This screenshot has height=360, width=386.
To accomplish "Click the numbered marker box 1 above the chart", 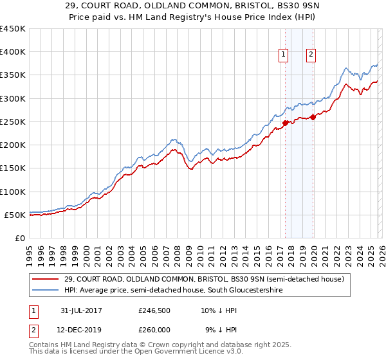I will tap(283, 55).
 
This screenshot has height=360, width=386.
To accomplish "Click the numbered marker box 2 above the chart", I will tap(311, 55).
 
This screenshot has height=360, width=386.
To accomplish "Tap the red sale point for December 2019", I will tap(313, 117).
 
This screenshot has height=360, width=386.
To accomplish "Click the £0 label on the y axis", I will tap(19, 238).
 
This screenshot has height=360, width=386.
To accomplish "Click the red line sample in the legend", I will tap(46, 279).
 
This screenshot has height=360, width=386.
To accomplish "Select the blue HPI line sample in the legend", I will tap(46, 291).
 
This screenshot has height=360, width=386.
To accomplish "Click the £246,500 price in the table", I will tap(155, 310).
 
